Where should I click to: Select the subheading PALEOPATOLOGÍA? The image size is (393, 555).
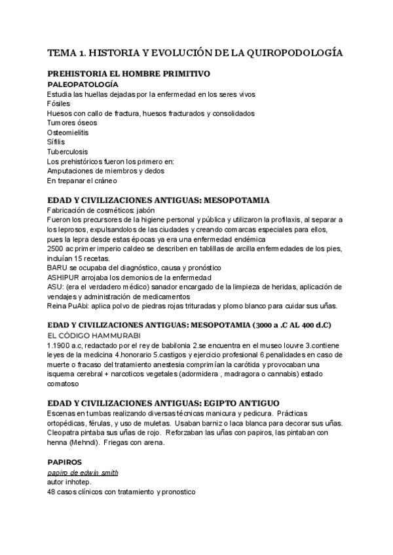[x=83, y=85]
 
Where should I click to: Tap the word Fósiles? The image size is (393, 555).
[x=59, y=104]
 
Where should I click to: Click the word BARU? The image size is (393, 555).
[x=58, y=268]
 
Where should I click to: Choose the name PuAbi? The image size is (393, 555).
[x=78, y=306]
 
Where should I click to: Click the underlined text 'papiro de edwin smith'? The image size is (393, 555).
[x=83, y=473]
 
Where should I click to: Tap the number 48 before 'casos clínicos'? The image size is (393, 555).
[x=52, y=492]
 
